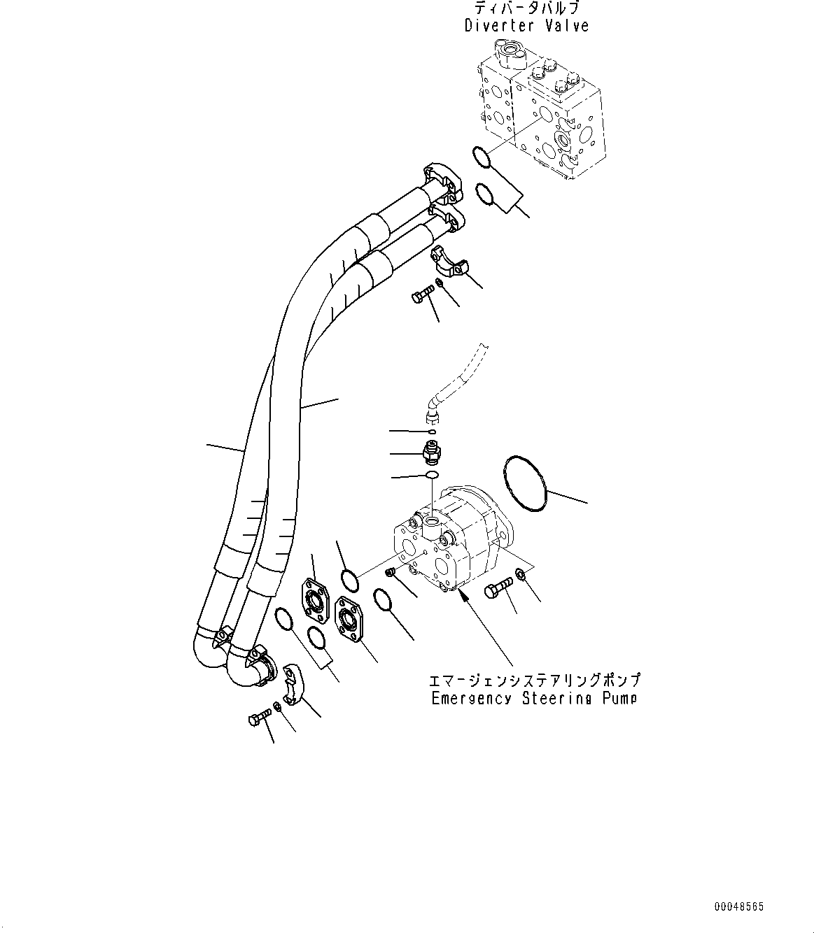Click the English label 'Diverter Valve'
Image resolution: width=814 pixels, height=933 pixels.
point(526,26)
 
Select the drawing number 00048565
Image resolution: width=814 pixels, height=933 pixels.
point(738,906)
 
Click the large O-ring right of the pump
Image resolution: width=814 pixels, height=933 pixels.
point(525,484)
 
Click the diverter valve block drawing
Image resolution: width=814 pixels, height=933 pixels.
point(539,112)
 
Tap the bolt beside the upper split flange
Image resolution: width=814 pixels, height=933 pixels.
point(422,299)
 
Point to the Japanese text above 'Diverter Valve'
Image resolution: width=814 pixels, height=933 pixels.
point(526,8)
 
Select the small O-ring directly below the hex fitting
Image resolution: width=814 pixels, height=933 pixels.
point(432,476)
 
